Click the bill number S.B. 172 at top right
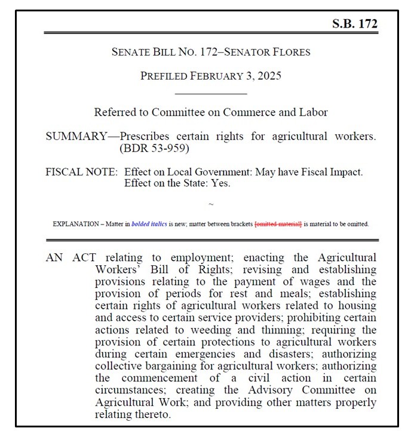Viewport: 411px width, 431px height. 354,24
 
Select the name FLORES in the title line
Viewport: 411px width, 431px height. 289,52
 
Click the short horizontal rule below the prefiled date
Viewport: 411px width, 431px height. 211,94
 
